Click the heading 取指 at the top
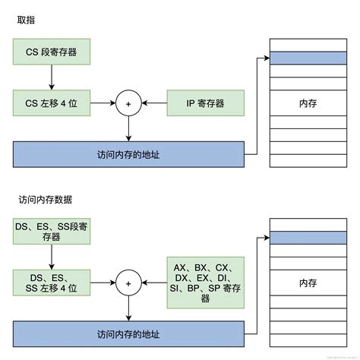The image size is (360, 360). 26,21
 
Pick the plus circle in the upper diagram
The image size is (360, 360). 128,103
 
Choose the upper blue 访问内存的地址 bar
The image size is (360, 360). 128,154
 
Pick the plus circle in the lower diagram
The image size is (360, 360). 128,283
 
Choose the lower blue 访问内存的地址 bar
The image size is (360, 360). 128,333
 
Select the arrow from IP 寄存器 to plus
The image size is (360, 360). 154,103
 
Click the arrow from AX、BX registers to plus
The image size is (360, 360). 154,283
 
